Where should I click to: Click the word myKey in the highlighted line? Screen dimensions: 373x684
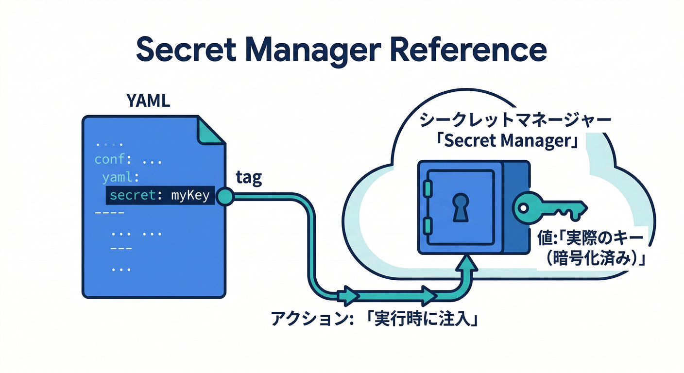[190, 196]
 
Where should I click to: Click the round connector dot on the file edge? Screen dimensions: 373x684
[225, 196]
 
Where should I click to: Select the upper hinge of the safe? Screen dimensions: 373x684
[427, 188]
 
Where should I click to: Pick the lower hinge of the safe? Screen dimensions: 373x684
[427, 224]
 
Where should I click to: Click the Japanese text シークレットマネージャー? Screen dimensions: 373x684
[510, 119]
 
